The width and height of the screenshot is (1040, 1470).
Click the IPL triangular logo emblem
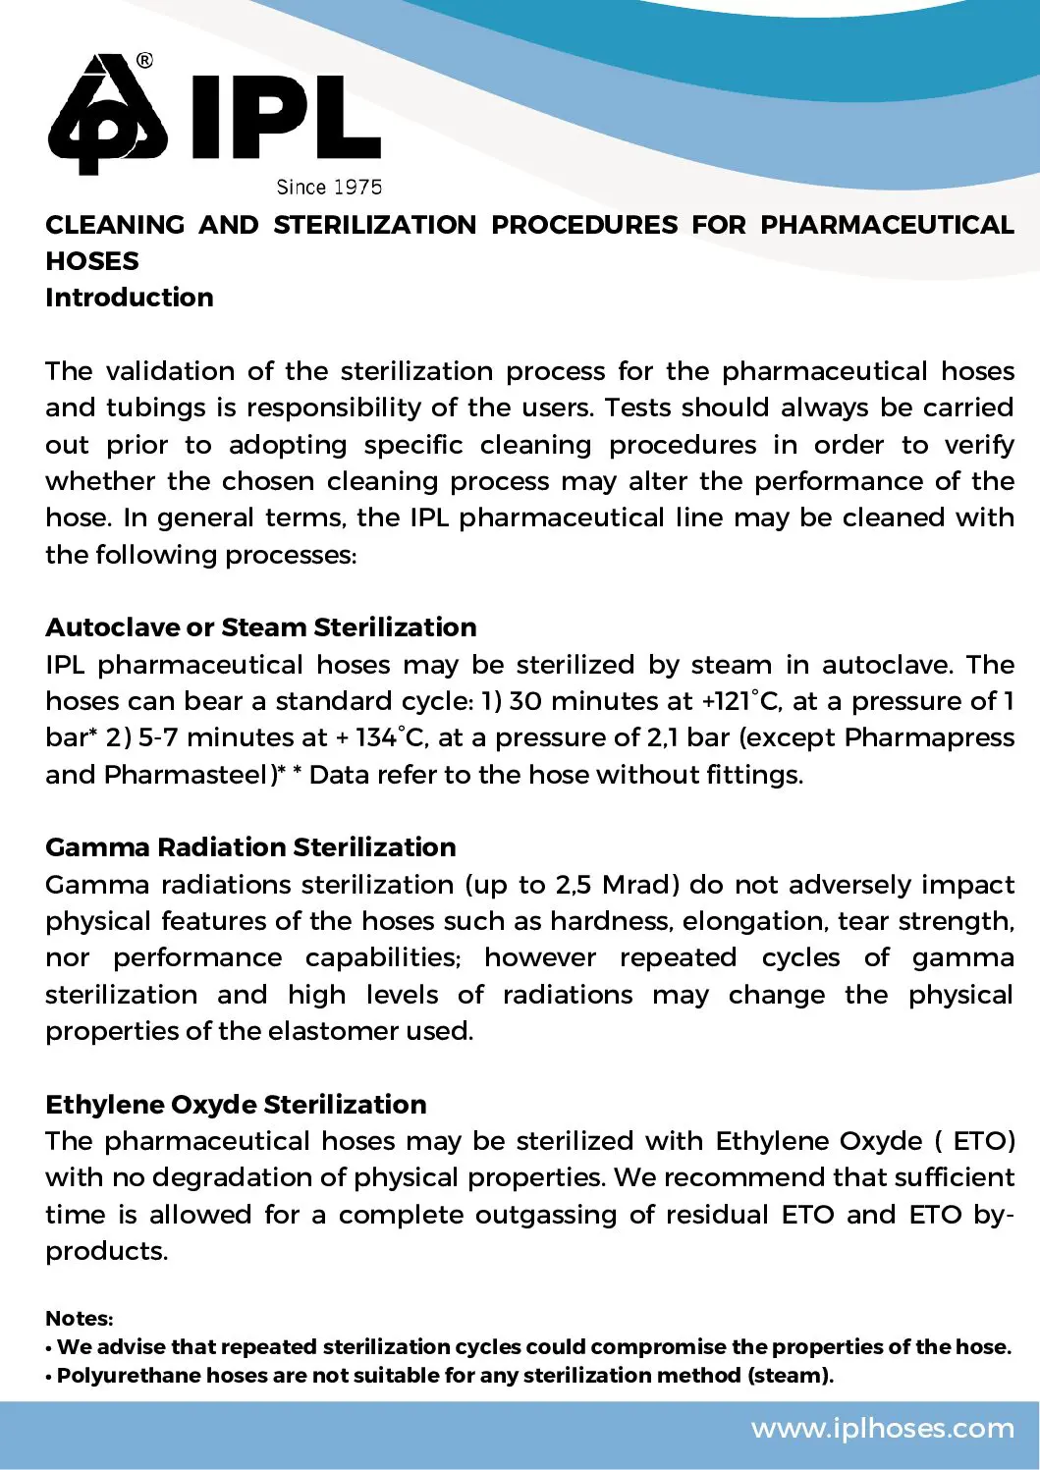(x=108, y=116)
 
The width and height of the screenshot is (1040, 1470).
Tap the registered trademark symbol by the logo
(x=144, y=60)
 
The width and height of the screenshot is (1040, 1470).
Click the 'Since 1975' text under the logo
(x=329, y=187)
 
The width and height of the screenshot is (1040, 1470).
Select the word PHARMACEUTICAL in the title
(x=887, y=225)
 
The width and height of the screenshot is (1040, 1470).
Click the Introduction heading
(x=129, y=298)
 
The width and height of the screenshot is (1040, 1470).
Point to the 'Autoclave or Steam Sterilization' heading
(x=260, y=627)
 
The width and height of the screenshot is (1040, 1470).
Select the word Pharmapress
(x=929, y=737)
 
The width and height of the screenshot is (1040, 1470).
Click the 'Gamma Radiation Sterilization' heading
(x=250, y=847)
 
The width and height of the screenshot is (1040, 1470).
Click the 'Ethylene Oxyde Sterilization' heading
(x=236, y=1105)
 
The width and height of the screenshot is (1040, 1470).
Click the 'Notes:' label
(x=80, y=1319)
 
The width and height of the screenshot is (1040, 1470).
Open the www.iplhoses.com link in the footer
(x=883, y=1428)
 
